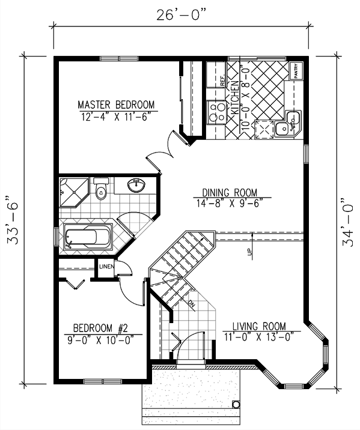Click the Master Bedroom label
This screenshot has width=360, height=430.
point(116,104)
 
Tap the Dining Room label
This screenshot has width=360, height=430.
point(230,192)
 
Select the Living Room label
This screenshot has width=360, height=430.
point(259,326)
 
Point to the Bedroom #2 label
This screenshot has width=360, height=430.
point(100,328)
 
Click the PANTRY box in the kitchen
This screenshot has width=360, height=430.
point(296,71)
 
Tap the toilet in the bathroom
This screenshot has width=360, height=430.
point(101,189)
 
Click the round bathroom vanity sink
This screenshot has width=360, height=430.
point(136,185)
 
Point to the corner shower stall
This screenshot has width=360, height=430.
point(74,192)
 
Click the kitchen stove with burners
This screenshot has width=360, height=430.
point(216,112)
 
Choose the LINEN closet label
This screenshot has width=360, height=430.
point(106,266)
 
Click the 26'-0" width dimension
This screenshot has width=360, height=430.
point(181,15)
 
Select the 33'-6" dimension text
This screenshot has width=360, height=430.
point(13,220)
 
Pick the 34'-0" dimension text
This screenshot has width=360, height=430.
point(347,222)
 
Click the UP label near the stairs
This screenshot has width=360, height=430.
point(249,252)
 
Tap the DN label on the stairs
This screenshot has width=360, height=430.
point(191,303)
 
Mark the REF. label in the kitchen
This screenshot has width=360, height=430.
point(222,80)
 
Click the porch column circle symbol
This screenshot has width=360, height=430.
point(236,405)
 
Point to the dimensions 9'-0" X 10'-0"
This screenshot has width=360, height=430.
point(100,340)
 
